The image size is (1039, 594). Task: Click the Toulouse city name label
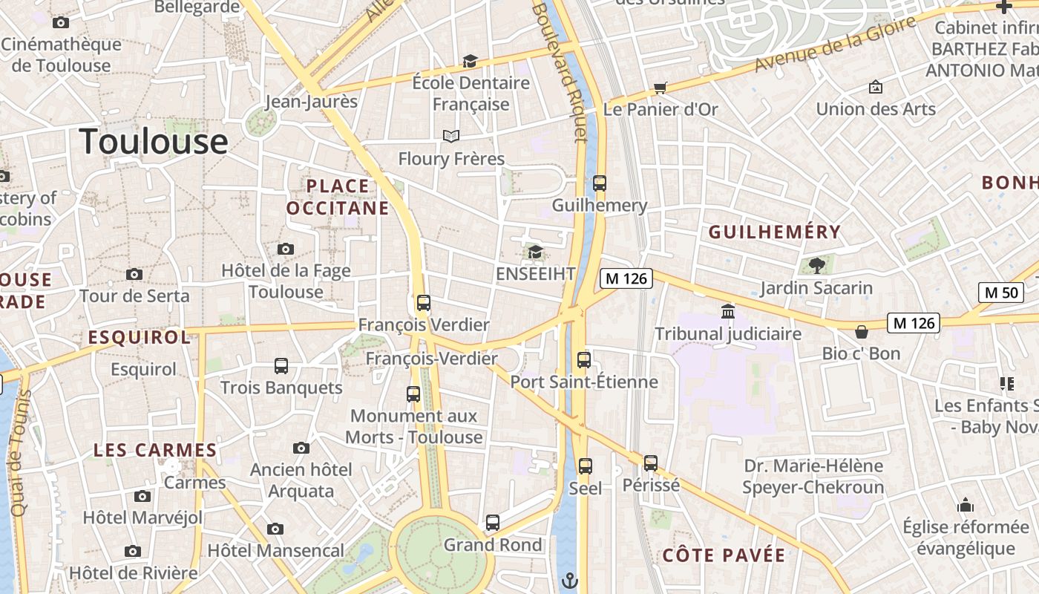point(154,141)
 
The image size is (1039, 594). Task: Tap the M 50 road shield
point(1001,293)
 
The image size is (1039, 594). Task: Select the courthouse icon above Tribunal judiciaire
point(728,312)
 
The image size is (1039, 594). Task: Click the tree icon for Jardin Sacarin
point(816,265)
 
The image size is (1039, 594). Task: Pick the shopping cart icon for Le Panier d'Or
point(660,88)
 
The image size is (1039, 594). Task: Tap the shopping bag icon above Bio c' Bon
point(861,331)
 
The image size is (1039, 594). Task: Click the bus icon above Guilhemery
point(600,183)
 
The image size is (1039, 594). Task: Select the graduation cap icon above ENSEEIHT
point(535,252)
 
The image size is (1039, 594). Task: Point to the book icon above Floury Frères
point(451,136)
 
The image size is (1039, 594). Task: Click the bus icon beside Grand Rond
point(493,523)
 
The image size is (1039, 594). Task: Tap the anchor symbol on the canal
point(571,580)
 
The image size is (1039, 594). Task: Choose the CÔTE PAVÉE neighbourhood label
point(723,555)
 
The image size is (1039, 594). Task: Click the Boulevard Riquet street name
point(570,71)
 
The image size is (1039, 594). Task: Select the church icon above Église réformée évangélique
point(966,506)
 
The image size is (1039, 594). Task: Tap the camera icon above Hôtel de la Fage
point(286,249)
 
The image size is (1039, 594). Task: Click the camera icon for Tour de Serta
point(134,274)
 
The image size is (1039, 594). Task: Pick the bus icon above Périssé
point(651,463)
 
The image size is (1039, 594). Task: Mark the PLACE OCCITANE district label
point(338,197)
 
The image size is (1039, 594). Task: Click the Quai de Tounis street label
point(19,454)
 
